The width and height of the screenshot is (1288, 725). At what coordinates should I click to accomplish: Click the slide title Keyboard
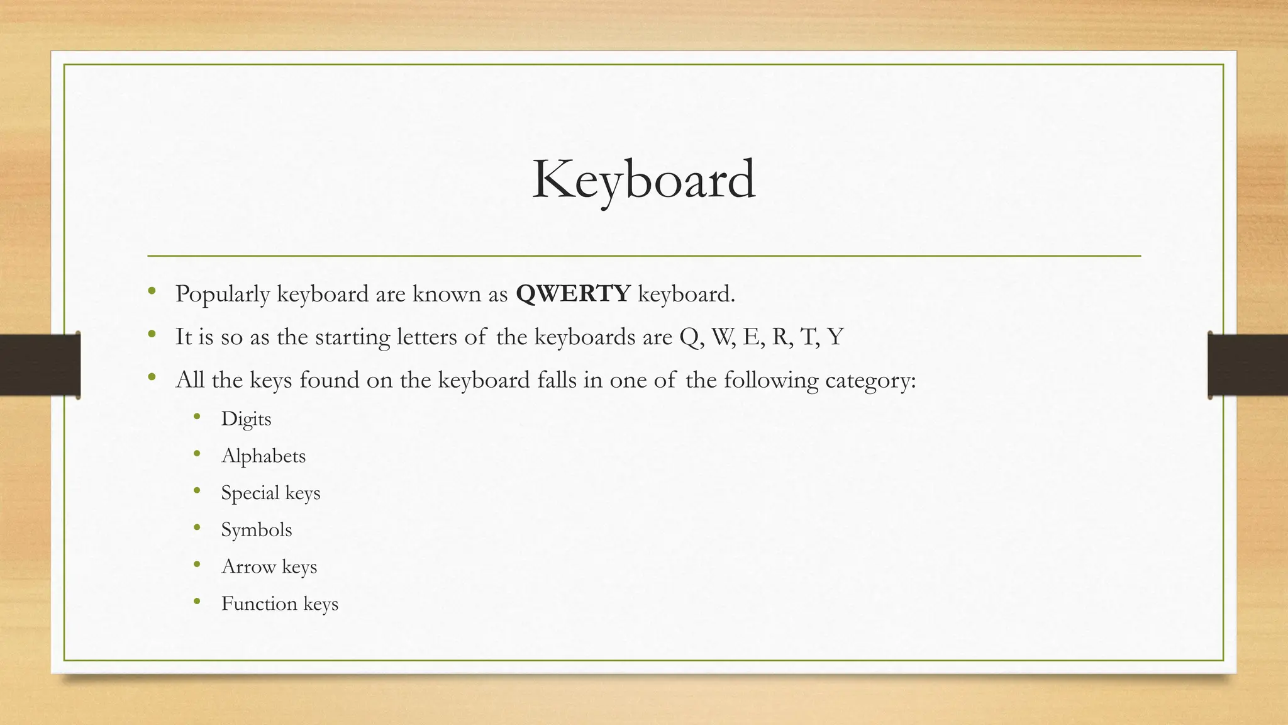tap(643, 181)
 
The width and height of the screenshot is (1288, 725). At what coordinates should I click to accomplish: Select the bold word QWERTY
tap(573, 294)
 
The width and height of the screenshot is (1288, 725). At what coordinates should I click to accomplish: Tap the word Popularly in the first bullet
tap(223, 294)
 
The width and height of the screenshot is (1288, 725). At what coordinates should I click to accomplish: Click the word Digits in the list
tap(246, 419)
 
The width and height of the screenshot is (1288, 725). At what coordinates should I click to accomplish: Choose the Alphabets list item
tap(263, 456)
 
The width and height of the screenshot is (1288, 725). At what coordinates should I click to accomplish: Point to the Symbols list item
tap(256, 530)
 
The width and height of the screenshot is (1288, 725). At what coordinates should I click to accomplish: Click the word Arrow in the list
tap(248, 566)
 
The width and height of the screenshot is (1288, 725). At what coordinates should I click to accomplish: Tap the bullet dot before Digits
tap(197, 417)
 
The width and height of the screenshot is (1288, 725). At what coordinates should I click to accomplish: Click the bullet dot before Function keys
tap(197, 602)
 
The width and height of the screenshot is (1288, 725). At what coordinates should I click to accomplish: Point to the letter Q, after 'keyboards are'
tap(690, 338)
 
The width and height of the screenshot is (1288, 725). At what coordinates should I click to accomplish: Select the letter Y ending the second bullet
tap(835, 337)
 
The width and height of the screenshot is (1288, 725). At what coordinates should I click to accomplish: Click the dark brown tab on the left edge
tap(40, 365)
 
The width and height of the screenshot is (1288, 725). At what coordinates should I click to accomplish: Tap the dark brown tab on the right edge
tap(1248, 365)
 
